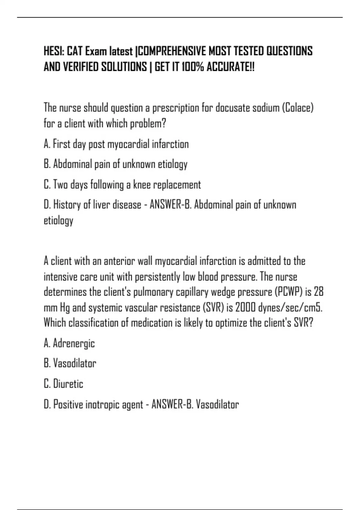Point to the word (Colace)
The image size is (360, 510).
click(298, 108)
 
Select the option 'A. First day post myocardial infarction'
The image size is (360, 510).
click(116, 144)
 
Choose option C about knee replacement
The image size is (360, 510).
click(122, 185)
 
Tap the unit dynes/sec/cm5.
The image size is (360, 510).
click(290, 307)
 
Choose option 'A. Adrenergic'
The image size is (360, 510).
click(69, 343)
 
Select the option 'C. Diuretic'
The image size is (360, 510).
click(63, 384)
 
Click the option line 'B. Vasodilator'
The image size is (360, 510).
click(70, 363)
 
